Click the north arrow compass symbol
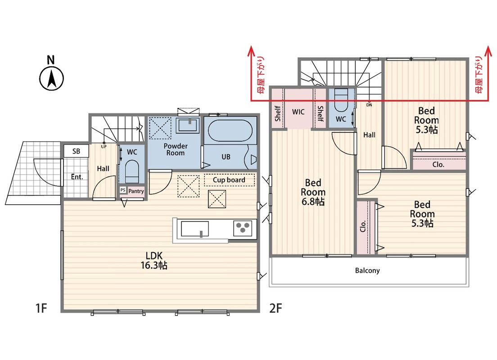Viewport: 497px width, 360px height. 51,78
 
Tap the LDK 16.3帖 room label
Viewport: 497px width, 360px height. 154,260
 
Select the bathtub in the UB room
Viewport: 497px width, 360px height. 230,130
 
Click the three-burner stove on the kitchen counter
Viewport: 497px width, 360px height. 243,228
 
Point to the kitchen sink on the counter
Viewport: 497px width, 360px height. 194,229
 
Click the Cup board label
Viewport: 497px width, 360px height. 229,180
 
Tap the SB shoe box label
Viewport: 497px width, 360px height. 76,151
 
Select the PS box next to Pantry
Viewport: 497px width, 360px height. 123,190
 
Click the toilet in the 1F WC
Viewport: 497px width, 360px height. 131,171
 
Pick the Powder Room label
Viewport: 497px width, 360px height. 175,149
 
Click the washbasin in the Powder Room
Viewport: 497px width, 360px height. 189,125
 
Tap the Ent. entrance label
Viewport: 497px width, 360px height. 77,177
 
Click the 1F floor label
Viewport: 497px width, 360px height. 41,308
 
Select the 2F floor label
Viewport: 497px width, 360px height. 276,308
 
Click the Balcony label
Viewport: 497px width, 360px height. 367,270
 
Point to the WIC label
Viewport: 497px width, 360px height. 298,112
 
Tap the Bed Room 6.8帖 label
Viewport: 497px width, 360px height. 313,192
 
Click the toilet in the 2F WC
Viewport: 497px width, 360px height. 341,100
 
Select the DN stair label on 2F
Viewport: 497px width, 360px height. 369,105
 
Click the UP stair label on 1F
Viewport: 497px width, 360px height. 104,146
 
